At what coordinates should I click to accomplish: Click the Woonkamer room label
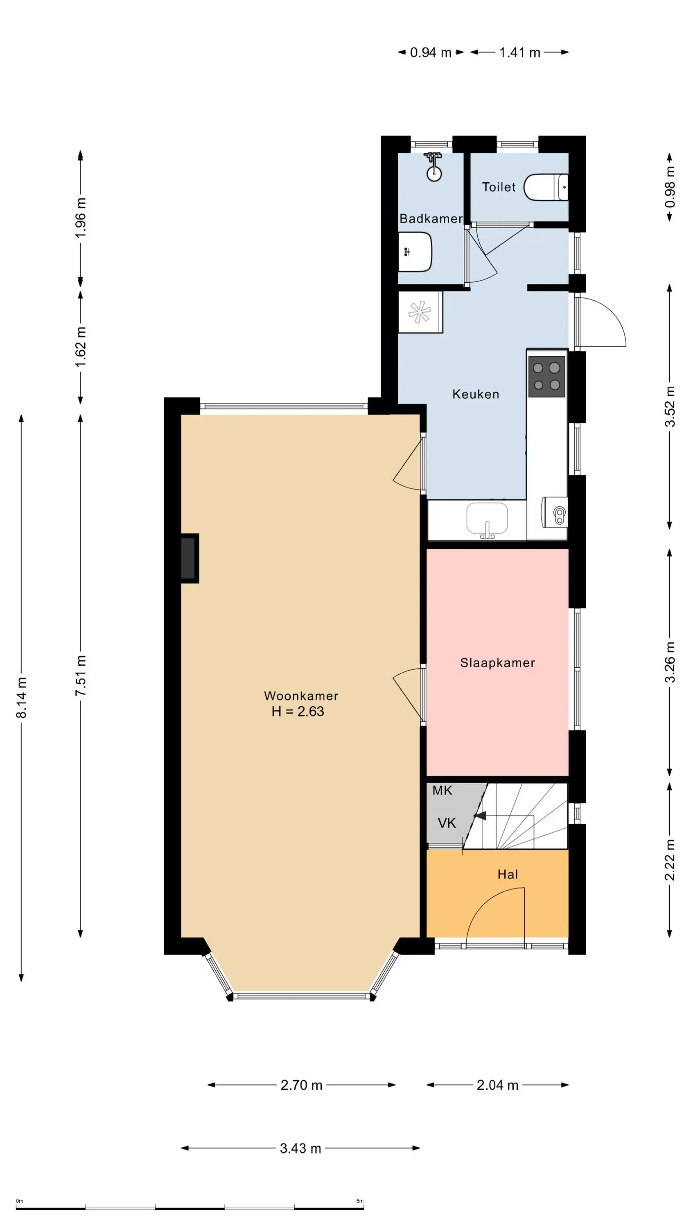tap(301, 696)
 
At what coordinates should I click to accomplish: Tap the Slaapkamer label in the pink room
tap(497, 663)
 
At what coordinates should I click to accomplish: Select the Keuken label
tap(475, 394)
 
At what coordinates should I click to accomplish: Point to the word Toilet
tap(499, 187)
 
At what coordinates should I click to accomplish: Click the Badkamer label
tap(431, 218)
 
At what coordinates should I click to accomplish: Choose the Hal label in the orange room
tap(507, 875)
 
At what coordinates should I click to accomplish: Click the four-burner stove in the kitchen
tap(546, 376)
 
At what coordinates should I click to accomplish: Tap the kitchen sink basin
tap(487, 519)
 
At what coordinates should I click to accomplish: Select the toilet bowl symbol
tap(546, 188)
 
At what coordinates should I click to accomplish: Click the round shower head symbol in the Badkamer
tap(434, 174)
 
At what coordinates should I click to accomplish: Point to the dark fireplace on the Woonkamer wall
tap(189, 558)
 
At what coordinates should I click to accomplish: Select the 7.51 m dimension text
tap(81, 675)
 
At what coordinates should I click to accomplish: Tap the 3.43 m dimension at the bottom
tap(300, 1148)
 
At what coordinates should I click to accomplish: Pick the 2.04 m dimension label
tap(497, 1085)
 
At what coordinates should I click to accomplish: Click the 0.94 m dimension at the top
tap(431, 52)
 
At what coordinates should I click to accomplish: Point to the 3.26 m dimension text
tap(670, 662)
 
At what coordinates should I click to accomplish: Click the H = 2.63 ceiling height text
tap(298, 711)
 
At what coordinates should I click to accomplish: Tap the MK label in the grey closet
tap(442, 791)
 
